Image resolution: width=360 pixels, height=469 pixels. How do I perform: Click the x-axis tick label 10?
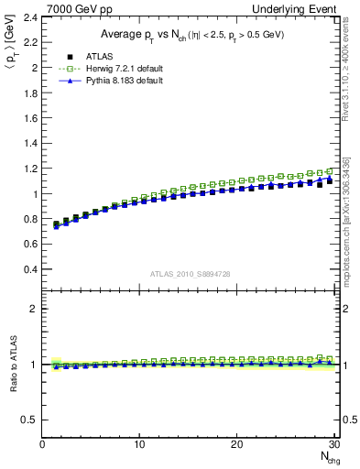139,445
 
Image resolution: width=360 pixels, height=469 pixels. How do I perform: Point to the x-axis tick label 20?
236,445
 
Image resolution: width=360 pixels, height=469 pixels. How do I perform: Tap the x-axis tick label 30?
333,445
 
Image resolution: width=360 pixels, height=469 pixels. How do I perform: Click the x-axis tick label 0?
42,445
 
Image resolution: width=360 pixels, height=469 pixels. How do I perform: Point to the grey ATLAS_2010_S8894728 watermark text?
189,274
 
